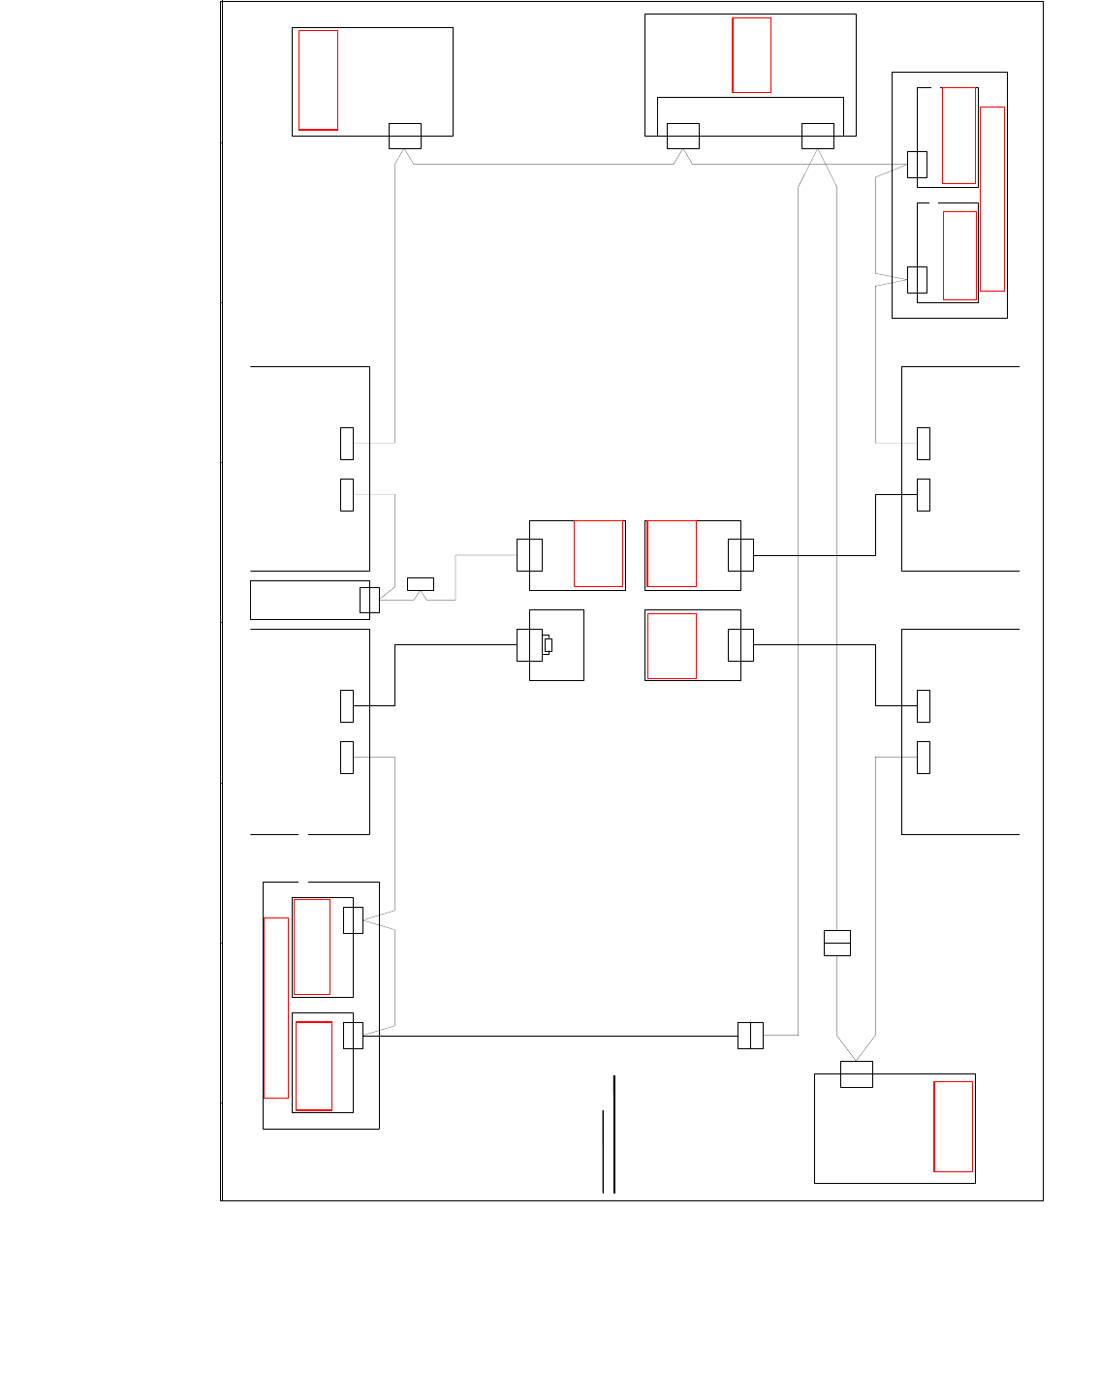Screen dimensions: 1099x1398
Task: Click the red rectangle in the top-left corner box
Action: [318, 79]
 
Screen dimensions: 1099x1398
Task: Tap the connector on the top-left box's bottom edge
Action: [405, 136]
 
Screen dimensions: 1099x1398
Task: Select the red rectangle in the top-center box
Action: [751, 55]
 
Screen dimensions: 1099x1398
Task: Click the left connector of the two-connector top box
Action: [683, 136]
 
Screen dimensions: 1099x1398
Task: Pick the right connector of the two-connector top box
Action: [818, 136]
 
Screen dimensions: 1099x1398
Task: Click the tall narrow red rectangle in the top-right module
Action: [992, 199]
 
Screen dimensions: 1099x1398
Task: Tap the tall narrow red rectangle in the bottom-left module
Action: [276, 1008]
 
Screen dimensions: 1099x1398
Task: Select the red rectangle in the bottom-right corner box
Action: [953, 1127]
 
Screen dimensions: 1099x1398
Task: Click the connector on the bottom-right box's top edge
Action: [857, 1074]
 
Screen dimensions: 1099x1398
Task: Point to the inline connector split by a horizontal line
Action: [837, 943]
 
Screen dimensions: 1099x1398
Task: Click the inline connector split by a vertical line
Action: [750, 1036]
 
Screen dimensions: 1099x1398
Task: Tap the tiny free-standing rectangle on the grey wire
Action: [421, 583]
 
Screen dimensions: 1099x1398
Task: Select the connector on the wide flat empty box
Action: [369, 600]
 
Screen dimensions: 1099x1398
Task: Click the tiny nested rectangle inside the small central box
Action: [548, 645]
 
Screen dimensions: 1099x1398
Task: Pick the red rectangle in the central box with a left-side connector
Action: [598, 553]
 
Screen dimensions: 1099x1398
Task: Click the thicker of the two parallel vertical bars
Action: [614, 1134]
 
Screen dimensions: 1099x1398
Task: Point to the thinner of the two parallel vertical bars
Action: [603, 1151]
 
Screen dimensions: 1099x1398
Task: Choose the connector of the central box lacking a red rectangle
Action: [529, 645]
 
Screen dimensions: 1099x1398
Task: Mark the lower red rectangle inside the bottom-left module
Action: [314, 1066]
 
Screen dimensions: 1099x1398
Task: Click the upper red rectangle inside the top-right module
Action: [958, 136]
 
